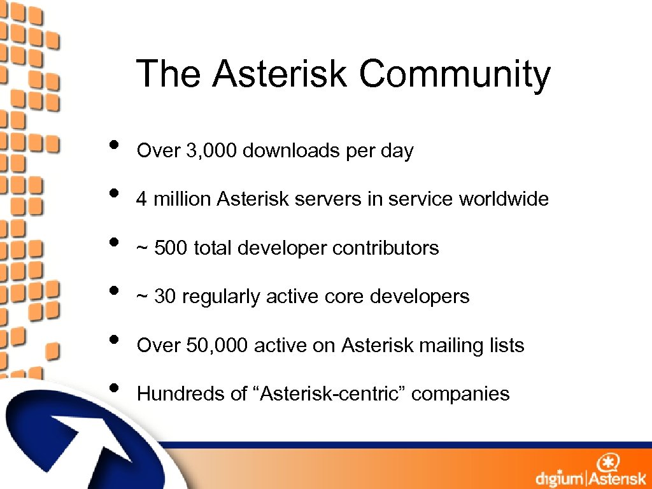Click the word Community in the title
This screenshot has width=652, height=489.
point(454,74)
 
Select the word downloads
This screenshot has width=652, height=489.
point(291,151)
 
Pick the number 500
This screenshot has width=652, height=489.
point(171,248)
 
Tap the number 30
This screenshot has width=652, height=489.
point(165,296)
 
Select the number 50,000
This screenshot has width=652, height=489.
point(218,346)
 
